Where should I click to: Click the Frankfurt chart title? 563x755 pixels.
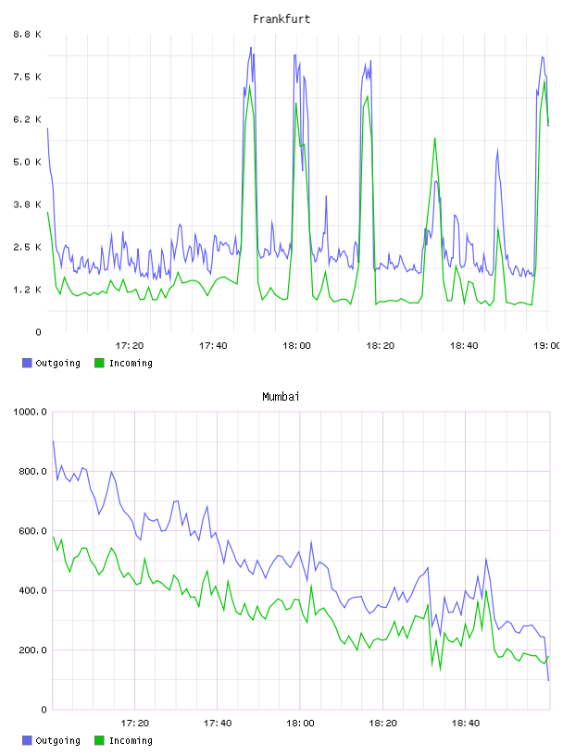pyautogui.click(x=281, y=19)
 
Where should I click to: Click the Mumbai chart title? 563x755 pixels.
pyautogui.click(x=281, y=397)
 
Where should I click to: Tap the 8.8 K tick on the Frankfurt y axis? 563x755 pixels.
pyautogui.click(x=28, y=34)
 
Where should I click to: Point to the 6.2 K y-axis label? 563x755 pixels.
pyautogui.click(x=28, y=119)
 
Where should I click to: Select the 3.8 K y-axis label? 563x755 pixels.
pyautogui.click(x=28, y=204)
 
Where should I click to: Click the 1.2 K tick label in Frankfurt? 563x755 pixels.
pyautogui.click(x=28, y=290)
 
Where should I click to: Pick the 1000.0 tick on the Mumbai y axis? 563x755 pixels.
pyautogui.click(x=31, y=412)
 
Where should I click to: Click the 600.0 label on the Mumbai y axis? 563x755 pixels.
pyautogui.click(x=32, y=531)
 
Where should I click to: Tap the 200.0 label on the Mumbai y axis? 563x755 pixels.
pyautogui.click(x=32, y=650)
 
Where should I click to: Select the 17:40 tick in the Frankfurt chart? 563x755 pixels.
pyautogui.click(x=213, y=346)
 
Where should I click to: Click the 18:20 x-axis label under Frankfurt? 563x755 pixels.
pyautogui.click(x=381, y=346)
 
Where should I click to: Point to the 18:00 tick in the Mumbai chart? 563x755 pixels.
pyautogui.click(x=300, y=724)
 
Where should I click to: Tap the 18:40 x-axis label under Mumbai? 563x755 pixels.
pyautogui.click(x=466, y=724)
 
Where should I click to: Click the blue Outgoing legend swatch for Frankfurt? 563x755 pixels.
pyautogui.click(x=27, y=363)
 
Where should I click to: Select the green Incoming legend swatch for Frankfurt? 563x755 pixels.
pyautogui.click(x=99, y=363)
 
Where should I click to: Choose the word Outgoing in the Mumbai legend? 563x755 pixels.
pyautogui.click(x=57, y=740)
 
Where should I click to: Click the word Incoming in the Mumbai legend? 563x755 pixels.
pyautogui.click(x=131, y=740)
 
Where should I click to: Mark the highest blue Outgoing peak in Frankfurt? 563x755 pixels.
pyautogui.click(x=251, y=48)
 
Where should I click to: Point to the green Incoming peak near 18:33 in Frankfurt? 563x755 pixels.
pyautogui.click(x=435, y=139)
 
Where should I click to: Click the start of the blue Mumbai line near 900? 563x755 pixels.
pyautogui.click(x=53, y=441)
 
